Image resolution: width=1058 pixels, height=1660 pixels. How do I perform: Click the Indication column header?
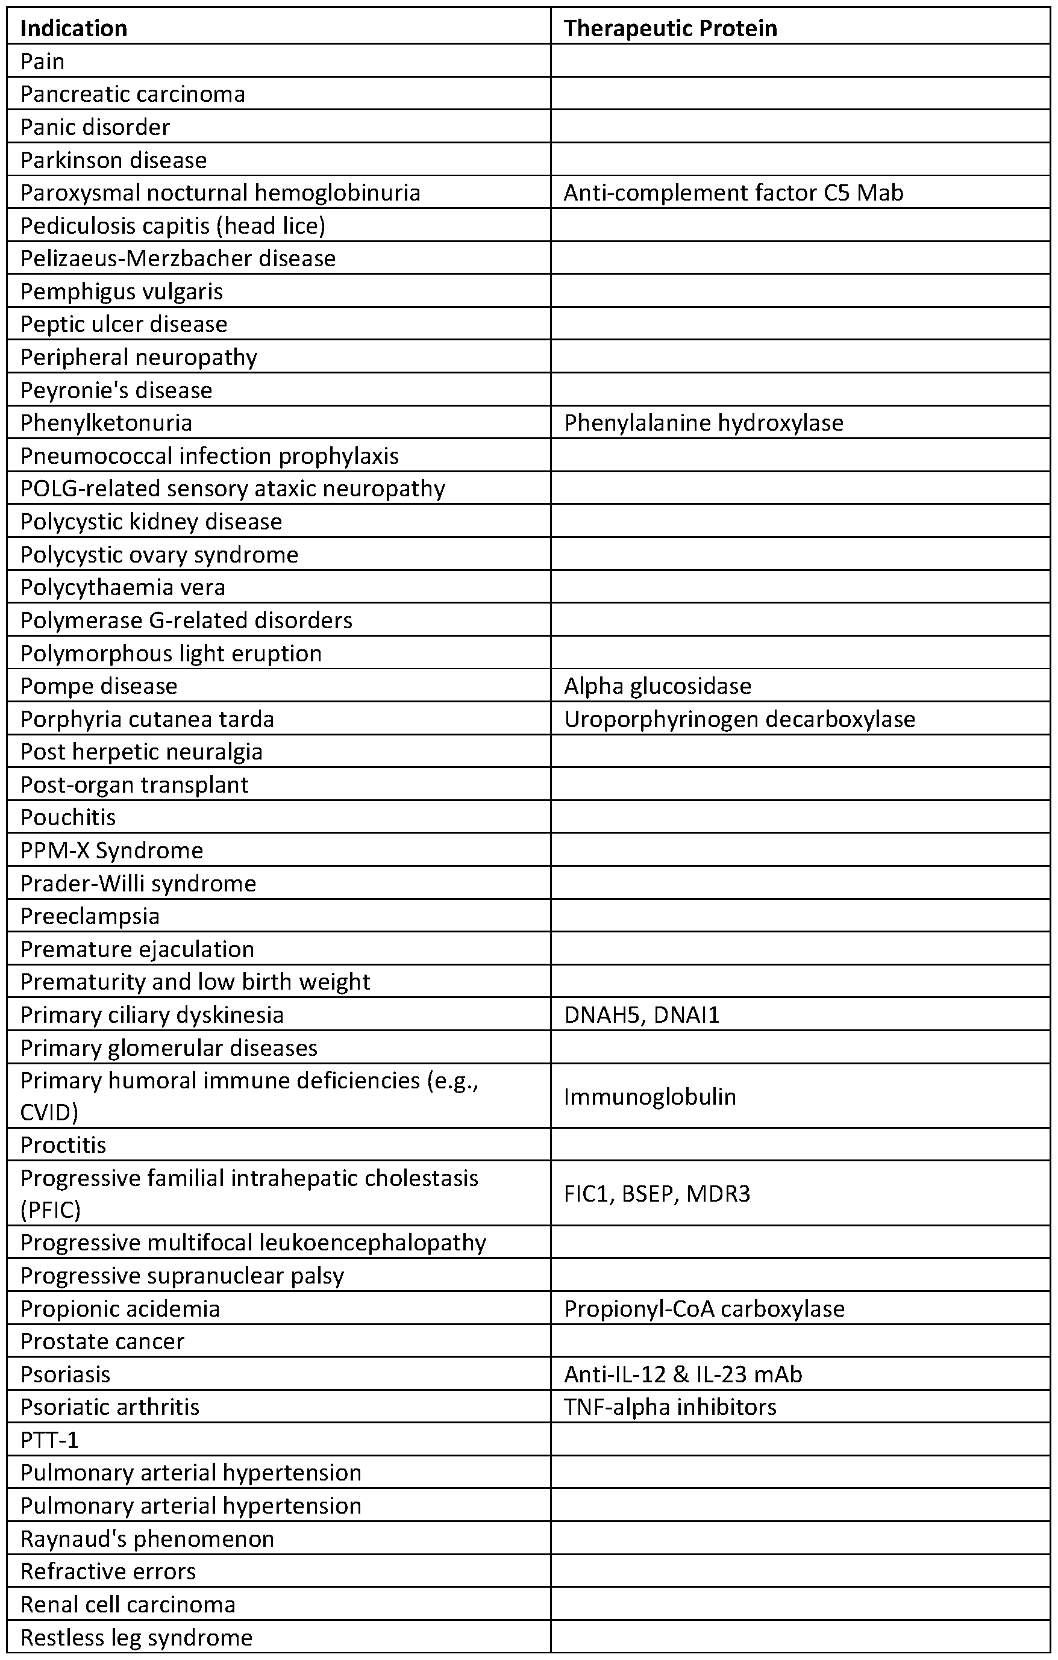click(x=74, y=28)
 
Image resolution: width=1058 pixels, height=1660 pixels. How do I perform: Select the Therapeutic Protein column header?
click(x=671, y=28)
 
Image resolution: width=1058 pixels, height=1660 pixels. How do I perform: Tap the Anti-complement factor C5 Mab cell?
click(x=733, y=192)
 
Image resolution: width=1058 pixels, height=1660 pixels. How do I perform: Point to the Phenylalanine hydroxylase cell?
click(x=704, y=423)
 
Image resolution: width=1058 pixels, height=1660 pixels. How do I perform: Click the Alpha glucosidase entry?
click(x=657, y=686)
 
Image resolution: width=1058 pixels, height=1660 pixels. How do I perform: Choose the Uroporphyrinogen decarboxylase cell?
click(x=739, y=719)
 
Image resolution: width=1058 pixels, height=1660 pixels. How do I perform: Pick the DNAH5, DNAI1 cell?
click(x=642, y=1015)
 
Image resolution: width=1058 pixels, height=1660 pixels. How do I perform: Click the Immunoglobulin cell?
click(x=650, y=1097)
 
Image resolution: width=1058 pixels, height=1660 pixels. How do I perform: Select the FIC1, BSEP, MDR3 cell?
click(x=657, y=1193)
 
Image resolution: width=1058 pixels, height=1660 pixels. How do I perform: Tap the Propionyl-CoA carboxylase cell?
click(x=704, y=1308)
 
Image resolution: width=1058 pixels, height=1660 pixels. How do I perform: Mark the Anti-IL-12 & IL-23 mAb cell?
click(x=683, y=1374)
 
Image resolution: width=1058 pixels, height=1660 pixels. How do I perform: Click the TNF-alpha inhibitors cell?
click(x=670, y=1406)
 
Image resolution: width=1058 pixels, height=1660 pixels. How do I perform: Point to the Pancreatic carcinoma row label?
click(x=133, y=94)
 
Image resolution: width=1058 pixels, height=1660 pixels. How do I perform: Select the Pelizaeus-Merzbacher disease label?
click(x=178, y=258)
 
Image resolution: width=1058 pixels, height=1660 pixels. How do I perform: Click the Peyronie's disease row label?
click(x=116, y=390)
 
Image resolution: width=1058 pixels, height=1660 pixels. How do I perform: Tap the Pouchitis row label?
click(x=68, y=817)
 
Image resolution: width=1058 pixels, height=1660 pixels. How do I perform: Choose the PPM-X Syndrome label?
click(x=111, y=850)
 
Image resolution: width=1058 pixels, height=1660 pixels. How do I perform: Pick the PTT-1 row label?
click(x=49, y=1440)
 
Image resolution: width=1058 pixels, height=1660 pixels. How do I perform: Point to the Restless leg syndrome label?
click(x=137, y=1637)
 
